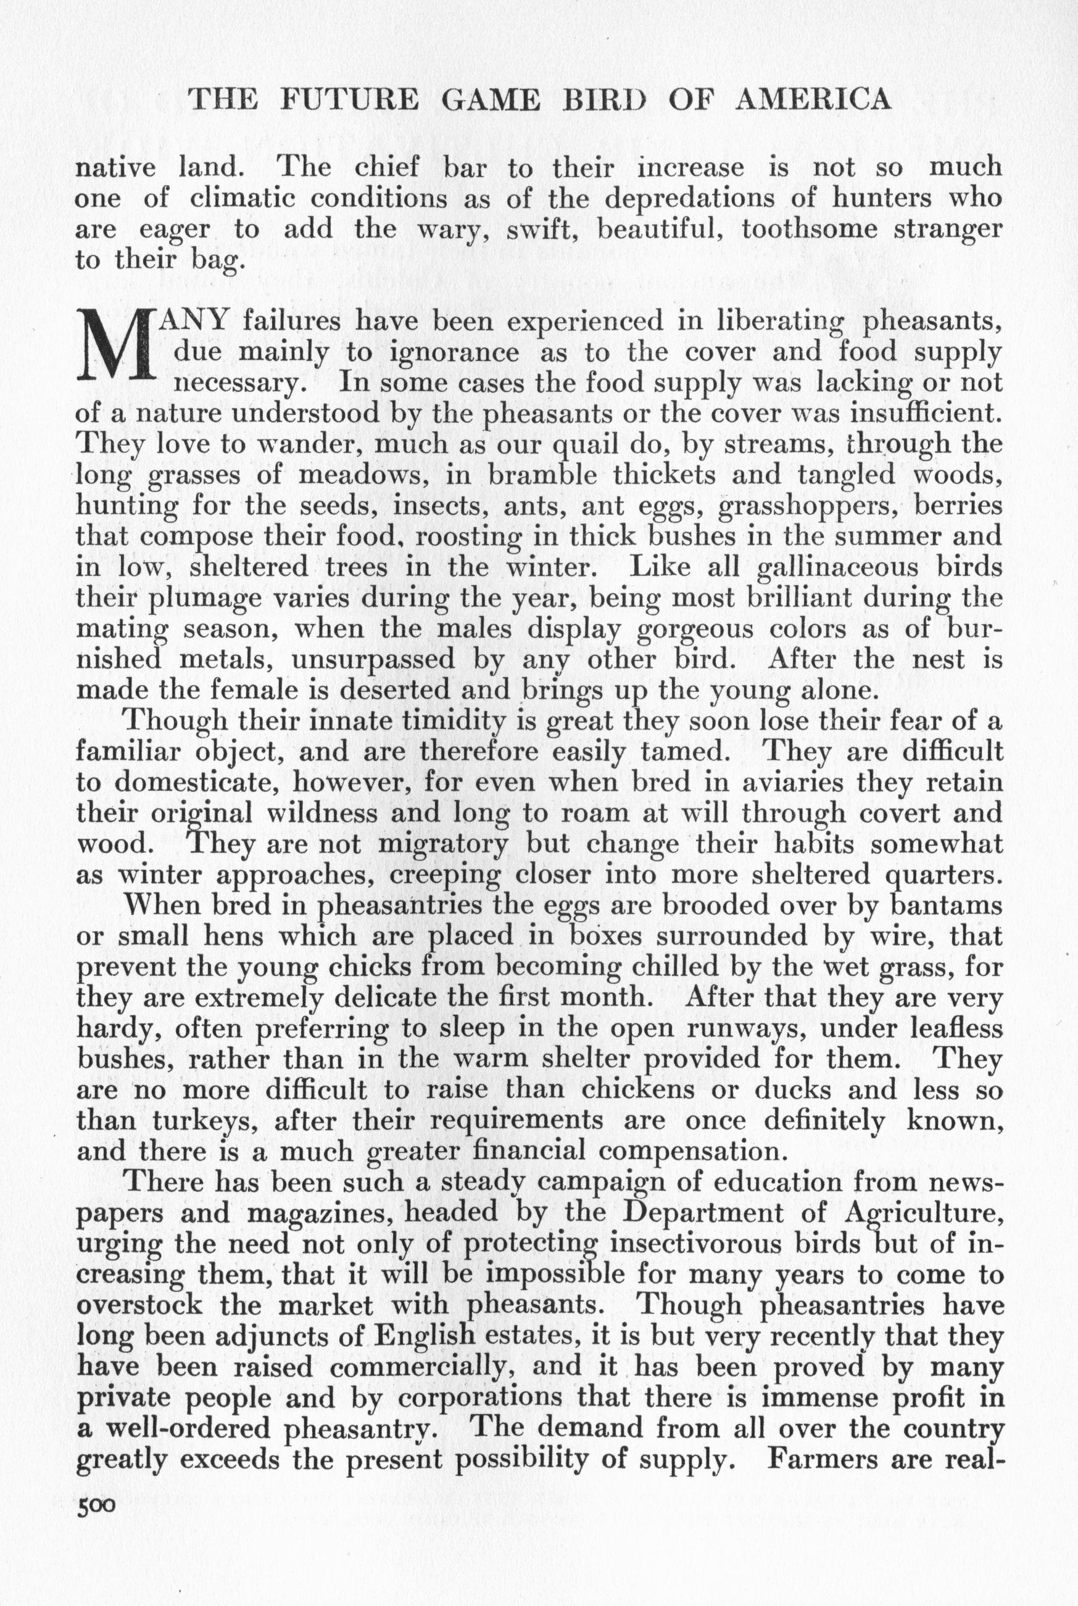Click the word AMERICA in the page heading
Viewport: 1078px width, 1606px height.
[813, 100]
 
